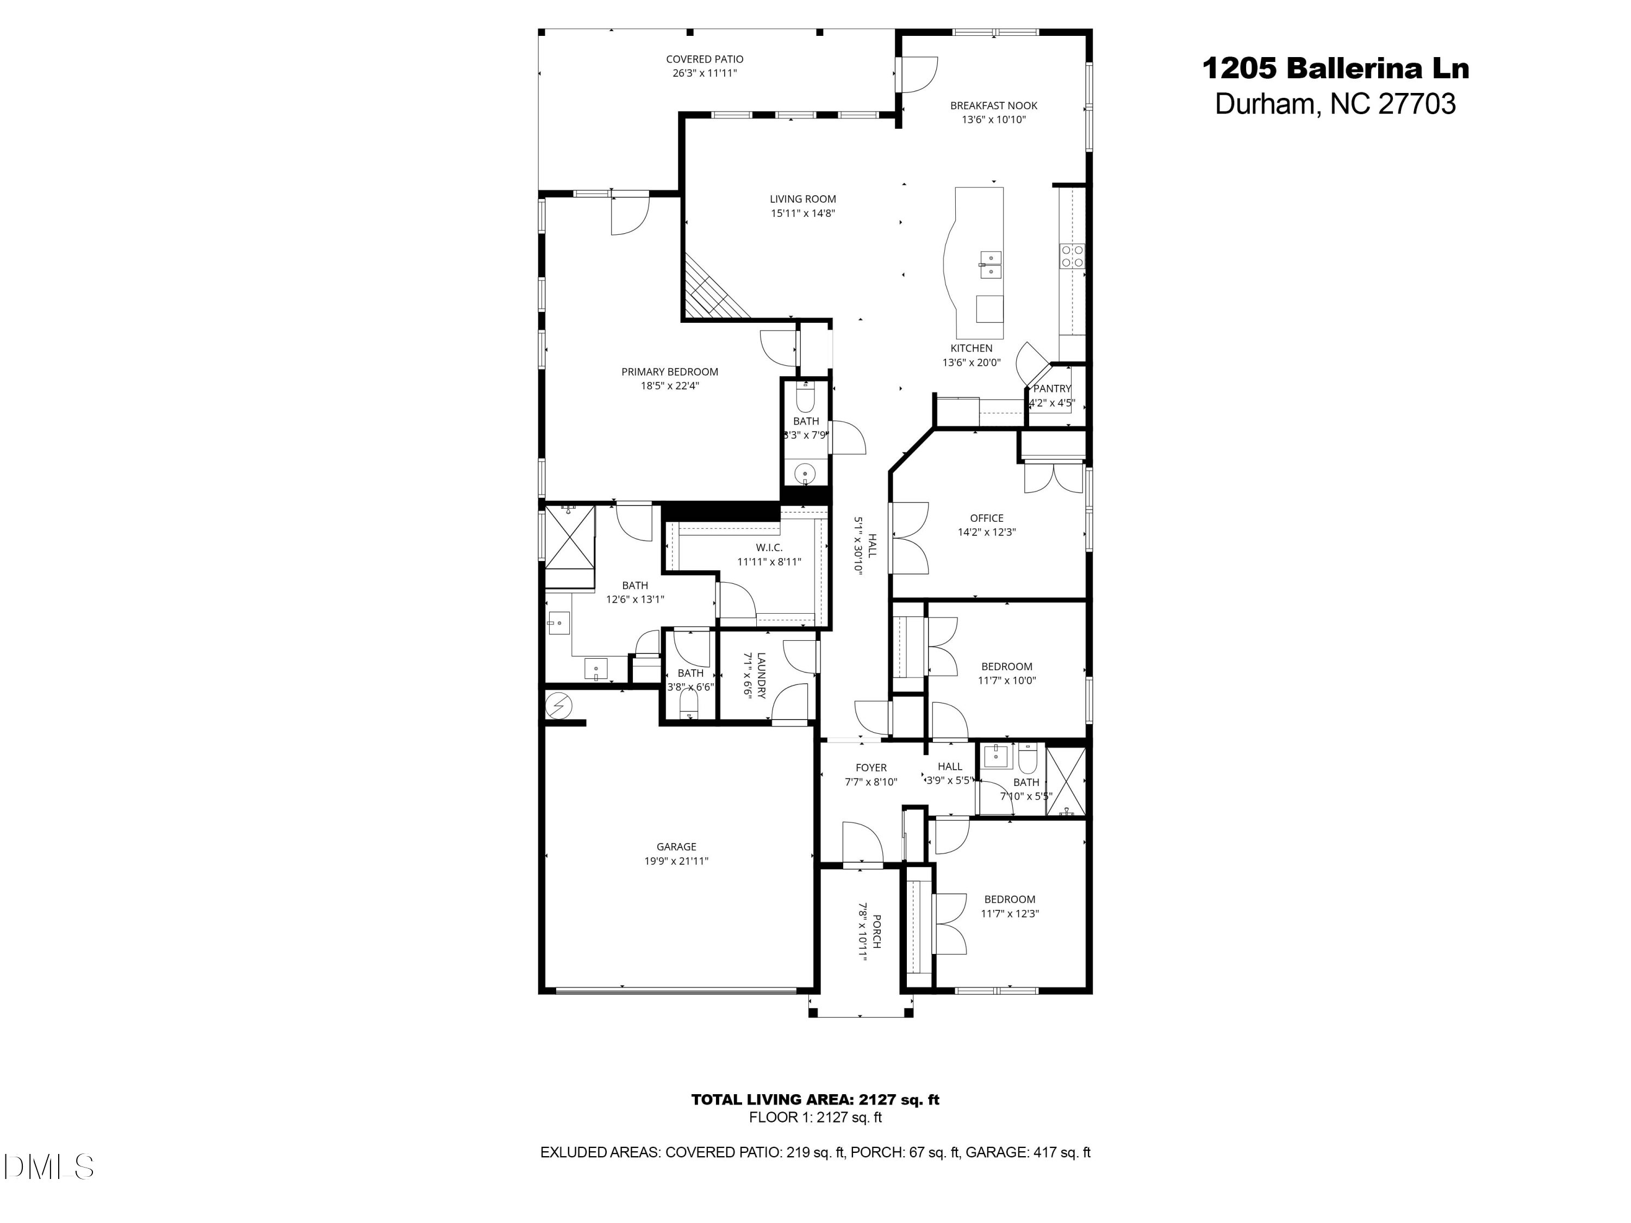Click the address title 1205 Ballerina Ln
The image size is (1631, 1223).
pos(1335,68)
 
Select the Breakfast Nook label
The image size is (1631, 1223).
pos(993,105)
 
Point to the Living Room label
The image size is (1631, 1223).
pos(803,199)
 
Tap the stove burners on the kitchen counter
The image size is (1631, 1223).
pos(1072,256)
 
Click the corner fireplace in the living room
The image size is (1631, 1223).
pos(712,290)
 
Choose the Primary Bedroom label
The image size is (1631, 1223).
pos(669,372)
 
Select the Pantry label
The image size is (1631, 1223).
pos(1052,389)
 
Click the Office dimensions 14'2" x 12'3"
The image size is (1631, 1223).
pos(987,532)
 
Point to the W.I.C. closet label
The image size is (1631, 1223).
pos(769,548)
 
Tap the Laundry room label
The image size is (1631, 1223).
pos(761,675)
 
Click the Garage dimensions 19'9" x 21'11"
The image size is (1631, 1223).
pos(676,861)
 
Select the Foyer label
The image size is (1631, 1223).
pos(871,768)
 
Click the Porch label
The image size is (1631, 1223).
pos(877,932)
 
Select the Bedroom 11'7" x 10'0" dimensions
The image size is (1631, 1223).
pos(1006,681)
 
